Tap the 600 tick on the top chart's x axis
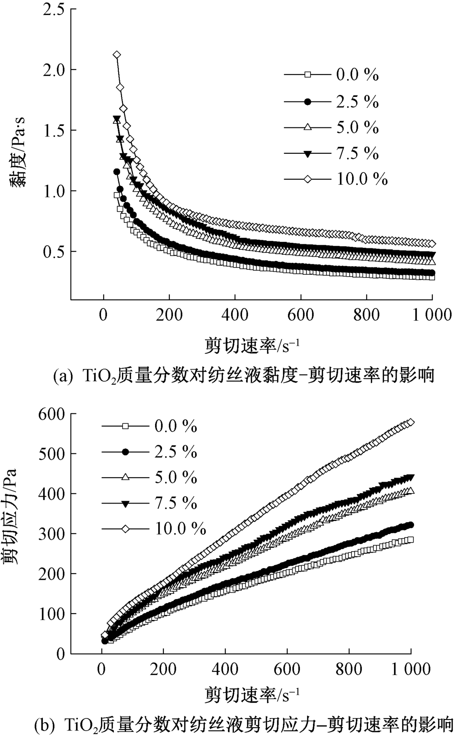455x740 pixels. tap(301, 315)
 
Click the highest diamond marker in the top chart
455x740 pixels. tap(117, 55)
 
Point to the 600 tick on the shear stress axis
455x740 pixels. tap(53, 414)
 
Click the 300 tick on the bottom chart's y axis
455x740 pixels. tap(53, 534)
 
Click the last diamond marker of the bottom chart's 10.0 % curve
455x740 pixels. tap(410, 422)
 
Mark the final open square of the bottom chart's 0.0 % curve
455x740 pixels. tap(410, 539)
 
